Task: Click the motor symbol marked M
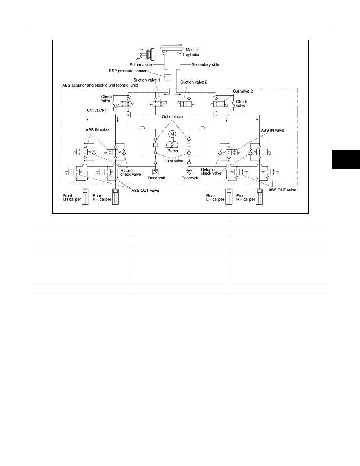(x=172, y=134)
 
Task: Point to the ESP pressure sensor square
(x=168, y=77)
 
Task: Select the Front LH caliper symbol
(x=85, y=197)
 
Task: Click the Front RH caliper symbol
(x=260, y=197)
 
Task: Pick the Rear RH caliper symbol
(x=115, y=197)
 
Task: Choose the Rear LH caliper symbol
(x=229, y=197)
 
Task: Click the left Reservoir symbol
(x=155, y=172)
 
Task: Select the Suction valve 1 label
(x=147, y=80)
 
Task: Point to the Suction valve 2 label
(x=194, y=82)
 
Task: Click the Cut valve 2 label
(x=243, y=91)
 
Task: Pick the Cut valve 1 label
(x=97, y=110)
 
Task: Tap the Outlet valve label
(x=172, y=117)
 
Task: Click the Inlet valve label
(x=175, y=161)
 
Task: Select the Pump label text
(x=173, y=151)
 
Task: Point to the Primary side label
(x=141, y=64)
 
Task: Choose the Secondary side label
(x=205, y=64)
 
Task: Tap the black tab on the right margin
(x=346, y=159)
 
